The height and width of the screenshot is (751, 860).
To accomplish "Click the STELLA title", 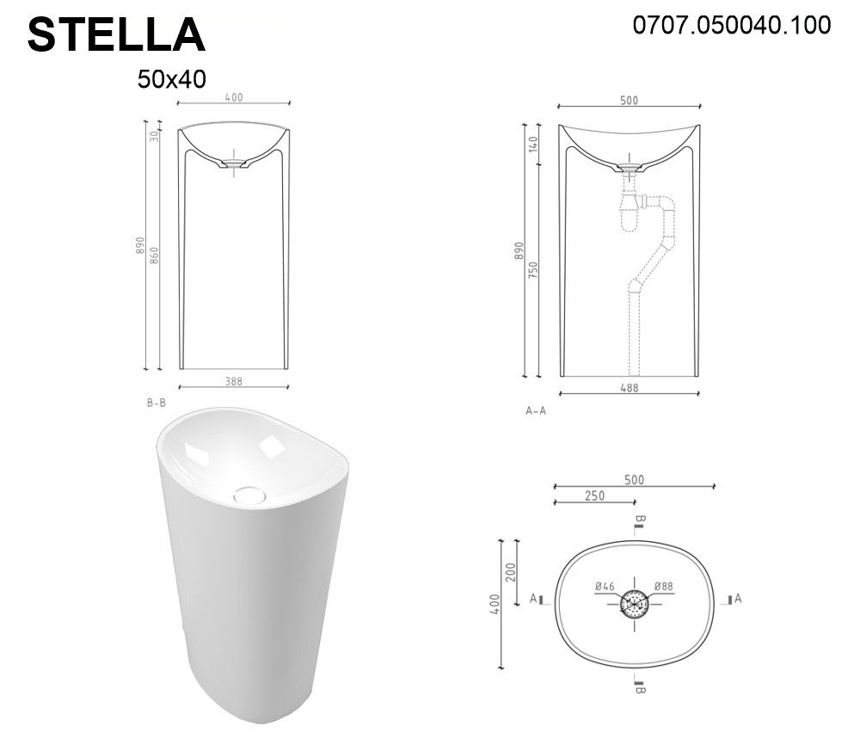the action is (x=116, y=35).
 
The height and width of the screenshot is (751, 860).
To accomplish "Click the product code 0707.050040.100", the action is (x=732, y=25).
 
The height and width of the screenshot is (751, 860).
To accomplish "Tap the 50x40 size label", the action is (x=172, y=79).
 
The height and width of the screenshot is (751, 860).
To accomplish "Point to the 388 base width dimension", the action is (x=234, y=381).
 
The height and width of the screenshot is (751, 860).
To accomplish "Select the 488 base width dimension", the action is (x=630, y=387).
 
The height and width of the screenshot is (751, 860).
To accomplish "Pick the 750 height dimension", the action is (x=532, y=270).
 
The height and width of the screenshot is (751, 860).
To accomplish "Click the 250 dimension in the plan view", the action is (x=594, y=496).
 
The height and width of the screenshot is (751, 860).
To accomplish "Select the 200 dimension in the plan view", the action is (x=510, y=573).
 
